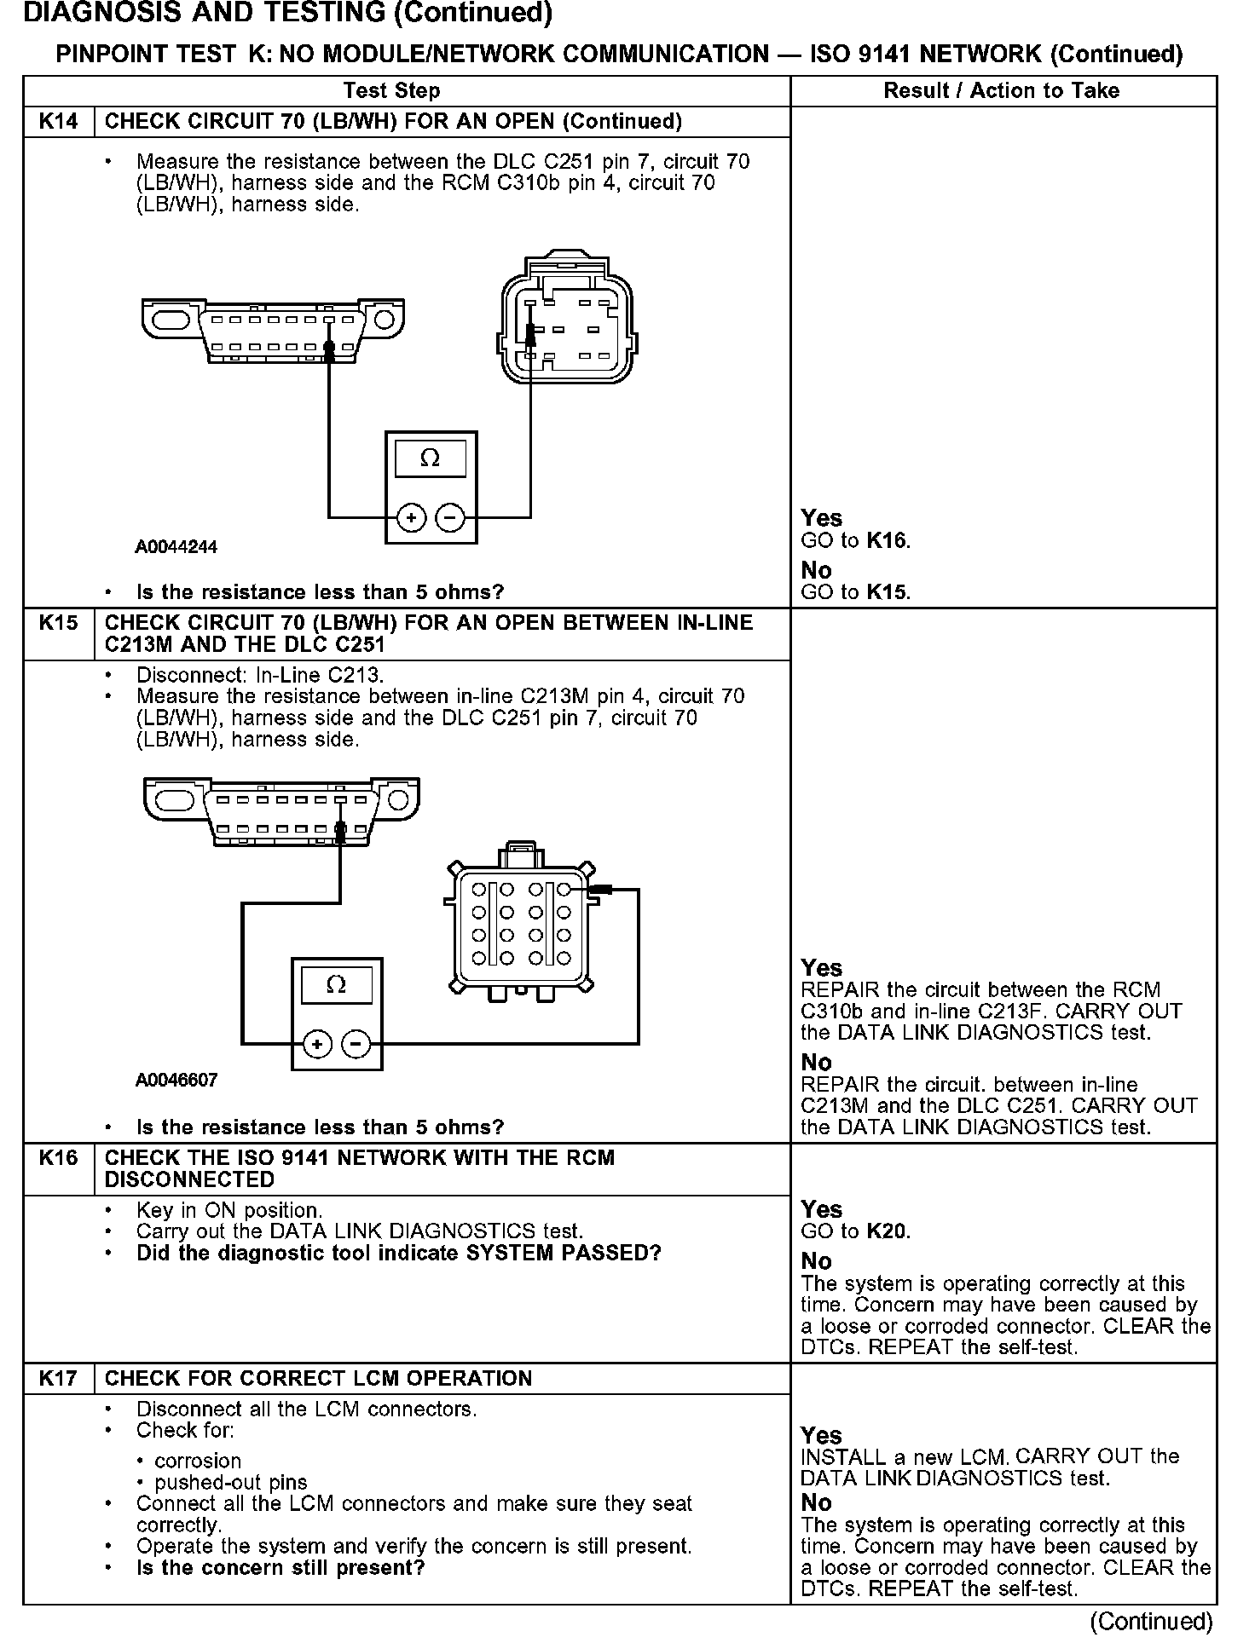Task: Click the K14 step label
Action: pyautogui.click(x=58, y=122)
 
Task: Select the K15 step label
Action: pyautogui.click(x=58, y=623)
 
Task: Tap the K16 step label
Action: pyautogui.click(x=58, y=1158)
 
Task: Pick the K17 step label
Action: pyautogui.click(x=58, y=1378)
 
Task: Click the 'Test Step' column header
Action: pyautogui.click(x=391, y=91)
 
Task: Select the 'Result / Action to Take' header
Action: pyautogui.click(x=1001, y=91)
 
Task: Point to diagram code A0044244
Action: pyautogui.click(x=176, y=547)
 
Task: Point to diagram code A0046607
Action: pyautogui.click(x=176, y=1081)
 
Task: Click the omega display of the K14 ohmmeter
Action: pyautogui.click(x=431, y=459)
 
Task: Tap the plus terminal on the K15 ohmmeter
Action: pyautogui.click(x=317, y=1044)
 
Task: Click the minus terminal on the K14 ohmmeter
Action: pyautogui.click(x=450, y=517)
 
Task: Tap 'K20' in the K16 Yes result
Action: pyautogui.click(x=888, y=1231)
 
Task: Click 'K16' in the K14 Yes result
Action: pyautogui.click(x=888, y=540)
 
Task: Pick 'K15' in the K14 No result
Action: pyautogui.click(x=888, y=592)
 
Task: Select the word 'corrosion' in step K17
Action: pyautogui.click(x=198, y=1461)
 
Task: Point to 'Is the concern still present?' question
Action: pyautogui.click(x=280, y=1568)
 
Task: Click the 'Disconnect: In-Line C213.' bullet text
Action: pyautogui.click(x=260, y=675)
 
